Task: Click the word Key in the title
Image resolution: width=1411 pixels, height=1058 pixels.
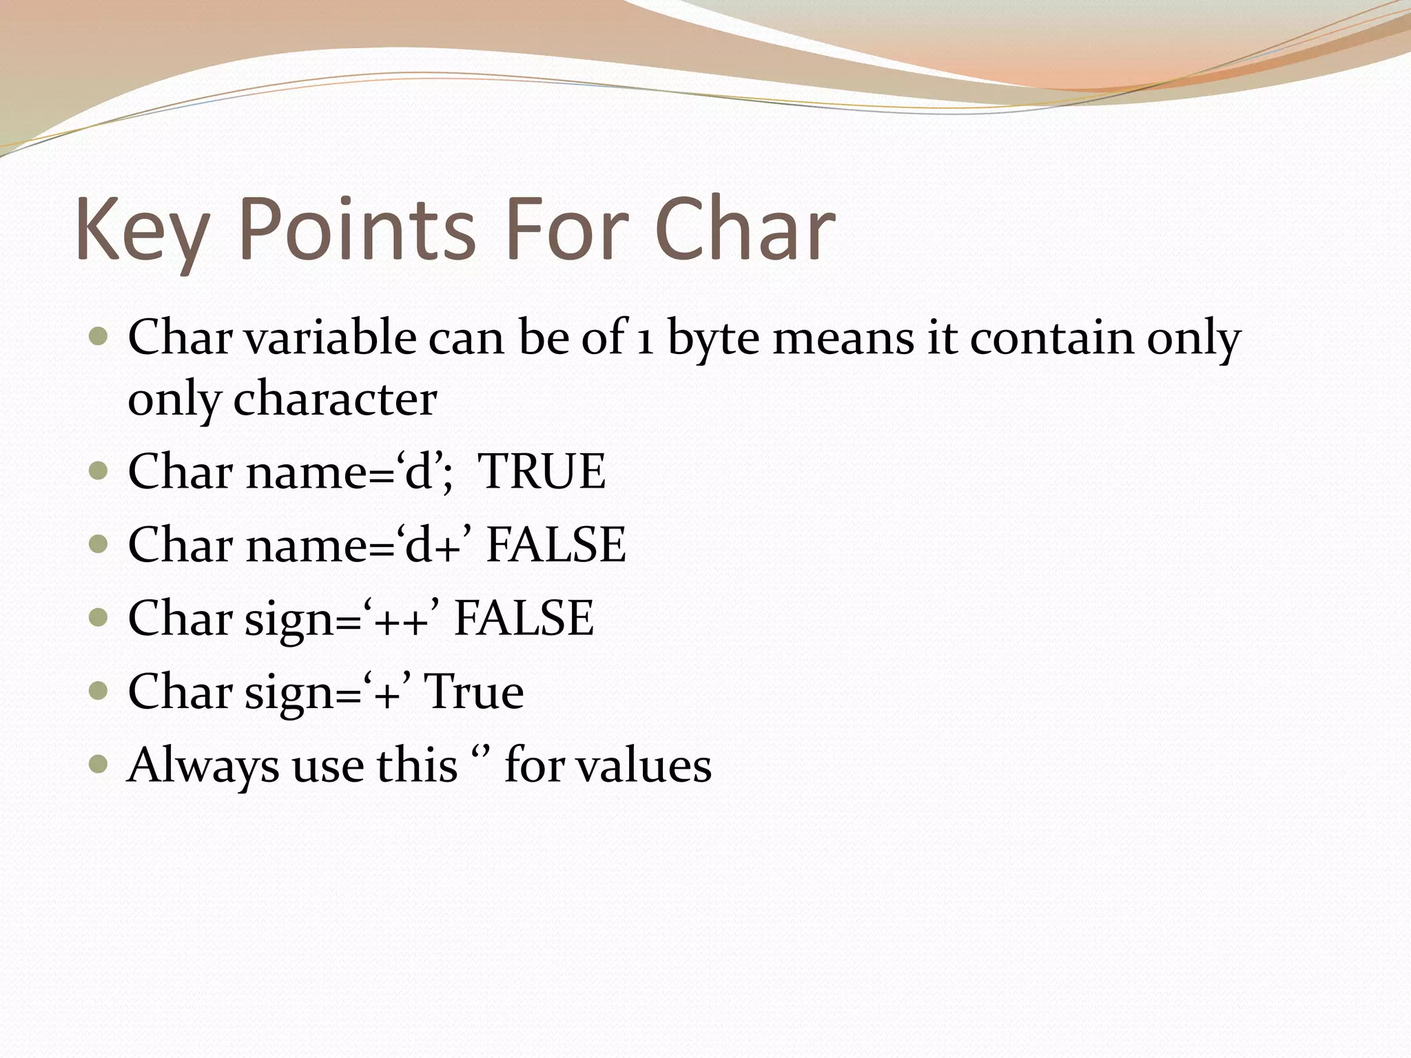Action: [141, 230]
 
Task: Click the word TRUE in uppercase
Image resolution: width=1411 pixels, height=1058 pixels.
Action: [542, 472]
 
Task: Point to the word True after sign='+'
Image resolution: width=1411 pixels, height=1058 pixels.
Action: [473, 692]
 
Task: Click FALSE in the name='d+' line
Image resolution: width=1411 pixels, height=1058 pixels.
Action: [555, 545]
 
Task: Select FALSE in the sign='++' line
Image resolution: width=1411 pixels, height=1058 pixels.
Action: [524, 618]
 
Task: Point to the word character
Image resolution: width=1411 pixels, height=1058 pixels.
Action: [335, 400]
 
